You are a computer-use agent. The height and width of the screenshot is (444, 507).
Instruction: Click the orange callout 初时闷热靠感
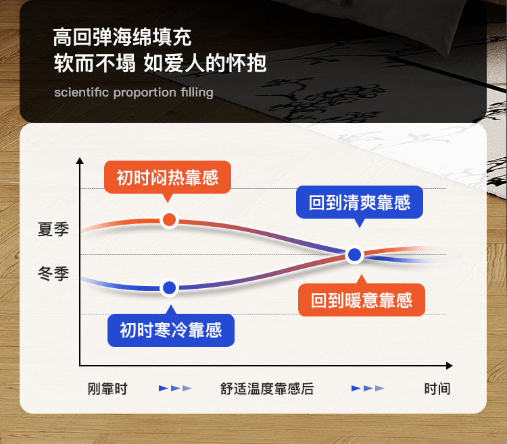tap(168, 177)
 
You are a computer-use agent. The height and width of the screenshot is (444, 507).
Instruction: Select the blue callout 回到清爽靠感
tap(360, 202)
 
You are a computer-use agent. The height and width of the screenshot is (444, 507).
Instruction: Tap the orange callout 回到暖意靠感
tap(362, 300)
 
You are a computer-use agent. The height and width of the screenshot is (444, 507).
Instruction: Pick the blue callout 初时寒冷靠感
tap(171, 330)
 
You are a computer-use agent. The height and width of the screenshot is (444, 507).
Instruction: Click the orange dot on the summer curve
tap(169, 220)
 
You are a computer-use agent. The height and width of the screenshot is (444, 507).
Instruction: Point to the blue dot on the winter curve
tap(170, 288)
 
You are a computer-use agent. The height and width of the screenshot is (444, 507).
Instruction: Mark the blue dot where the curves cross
tap(355, 254)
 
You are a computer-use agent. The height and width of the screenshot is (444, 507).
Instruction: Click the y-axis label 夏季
tap(53, 229)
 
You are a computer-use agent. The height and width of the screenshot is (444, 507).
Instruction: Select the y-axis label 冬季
tap(53, 274)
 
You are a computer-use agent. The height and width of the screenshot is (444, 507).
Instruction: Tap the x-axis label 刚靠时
tap(107, 389)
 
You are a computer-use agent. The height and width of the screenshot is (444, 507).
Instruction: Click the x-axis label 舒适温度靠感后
tap(267, 389)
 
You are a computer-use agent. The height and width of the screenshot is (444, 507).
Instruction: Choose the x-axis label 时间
tap(437, 389)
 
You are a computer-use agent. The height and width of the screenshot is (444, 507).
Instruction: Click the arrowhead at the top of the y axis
tap(80, 161)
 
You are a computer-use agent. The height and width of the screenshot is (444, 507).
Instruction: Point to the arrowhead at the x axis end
tap(449, 366)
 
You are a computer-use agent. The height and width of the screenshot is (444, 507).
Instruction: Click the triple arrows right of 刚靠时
tap(175, 388)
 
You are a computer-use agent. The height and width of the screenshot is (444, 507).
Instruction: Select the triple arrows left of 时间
tap(368, 388)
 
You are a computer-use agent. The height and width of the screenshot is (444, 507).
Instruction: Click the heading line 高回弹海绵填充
tap(122, 37)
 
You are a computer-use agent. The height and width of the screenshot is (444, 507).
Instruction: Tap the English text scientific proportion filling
tap(134, 92)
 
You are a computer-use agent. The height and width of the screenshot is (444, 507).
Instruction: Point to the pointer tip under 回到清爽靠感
tap(360, 227)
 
